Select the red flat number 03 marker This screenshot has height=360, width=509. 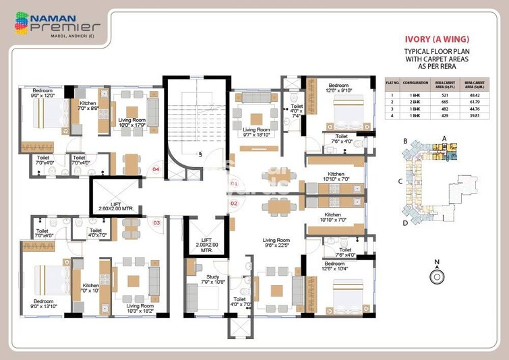pyautogui.click(x=156, y=222)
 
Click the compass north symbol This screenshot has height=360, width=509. pyautogui.click(x=437, y=275)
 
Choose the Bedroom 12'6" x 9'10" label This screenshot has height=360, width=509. pyautogui.click(x=338, y=89)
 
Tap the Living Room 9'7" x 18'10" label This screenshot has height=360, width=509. pyautogui.click(x=256, y=132)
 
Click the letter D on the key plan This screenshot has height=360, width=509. pyautogui.click(x=405, y=222)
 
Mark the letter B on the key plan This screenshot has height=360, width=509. pyautogui.click(x=405, y=141)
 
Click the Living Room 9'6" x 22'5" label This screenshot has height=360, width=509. pyautogui.click(x=276, y=243)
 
